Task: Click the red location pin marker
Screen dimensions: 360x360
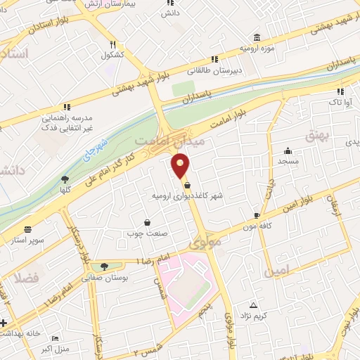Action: pos(181,166)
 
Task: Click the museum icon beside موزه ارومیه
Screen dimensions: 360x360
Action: pos(257,37)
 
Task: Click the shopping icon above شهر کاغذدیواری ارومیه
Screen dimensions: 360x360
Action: pos(188,185)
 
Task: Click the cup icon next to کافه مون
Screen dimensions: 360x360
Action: pos(257,215)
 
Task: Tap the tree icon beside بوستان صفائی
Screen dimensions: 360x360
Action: pos(105,266)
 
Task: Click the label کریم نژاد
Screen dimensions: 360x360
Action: pos(255,317)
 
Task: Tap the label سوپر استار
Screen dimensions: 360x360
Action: pos(28,240)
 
